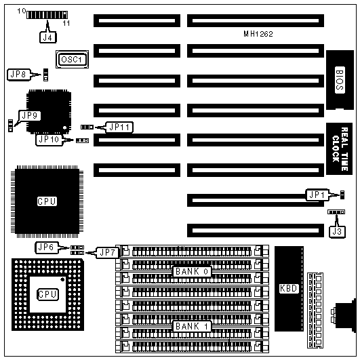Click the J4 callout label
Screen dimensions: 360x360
point(47,37)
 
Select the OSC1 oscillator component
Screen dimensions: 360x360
point(72,60)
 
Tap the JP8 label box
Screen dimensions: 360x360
point(18,75)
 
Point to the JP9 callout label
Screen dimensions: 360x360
point(30,115)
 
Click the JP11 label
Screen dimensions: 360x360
point(119,127)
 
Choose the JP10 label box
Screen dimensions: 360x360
point(49,140)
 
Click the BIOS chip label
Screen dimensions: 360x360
point(340,80)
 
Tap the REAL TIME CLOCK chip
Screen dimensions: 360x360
point(340,148)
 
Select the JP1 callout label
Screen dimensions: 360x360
point(317,195)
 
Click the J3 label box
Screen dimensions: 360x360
point(337,232)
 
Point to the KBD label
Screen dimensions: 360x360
point(289,288)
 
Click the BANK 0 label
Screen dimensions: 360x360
point(192,272)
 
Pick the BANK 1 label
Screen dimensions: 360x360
point(192,326)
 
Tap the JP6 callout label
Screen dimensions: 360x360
point(46,247)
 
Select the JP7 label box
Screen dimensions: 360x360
point(107,253)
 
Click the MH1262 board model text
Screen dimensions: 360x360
point(258,34)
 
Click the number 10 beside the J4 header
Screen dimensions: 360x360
point(22,11)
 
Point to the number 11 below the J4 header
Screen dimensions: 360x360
point(66,23)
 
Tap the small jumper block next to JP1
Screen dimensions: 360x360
point(342,195)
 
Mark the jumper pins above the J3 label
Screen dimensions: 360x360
point(336,212)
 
